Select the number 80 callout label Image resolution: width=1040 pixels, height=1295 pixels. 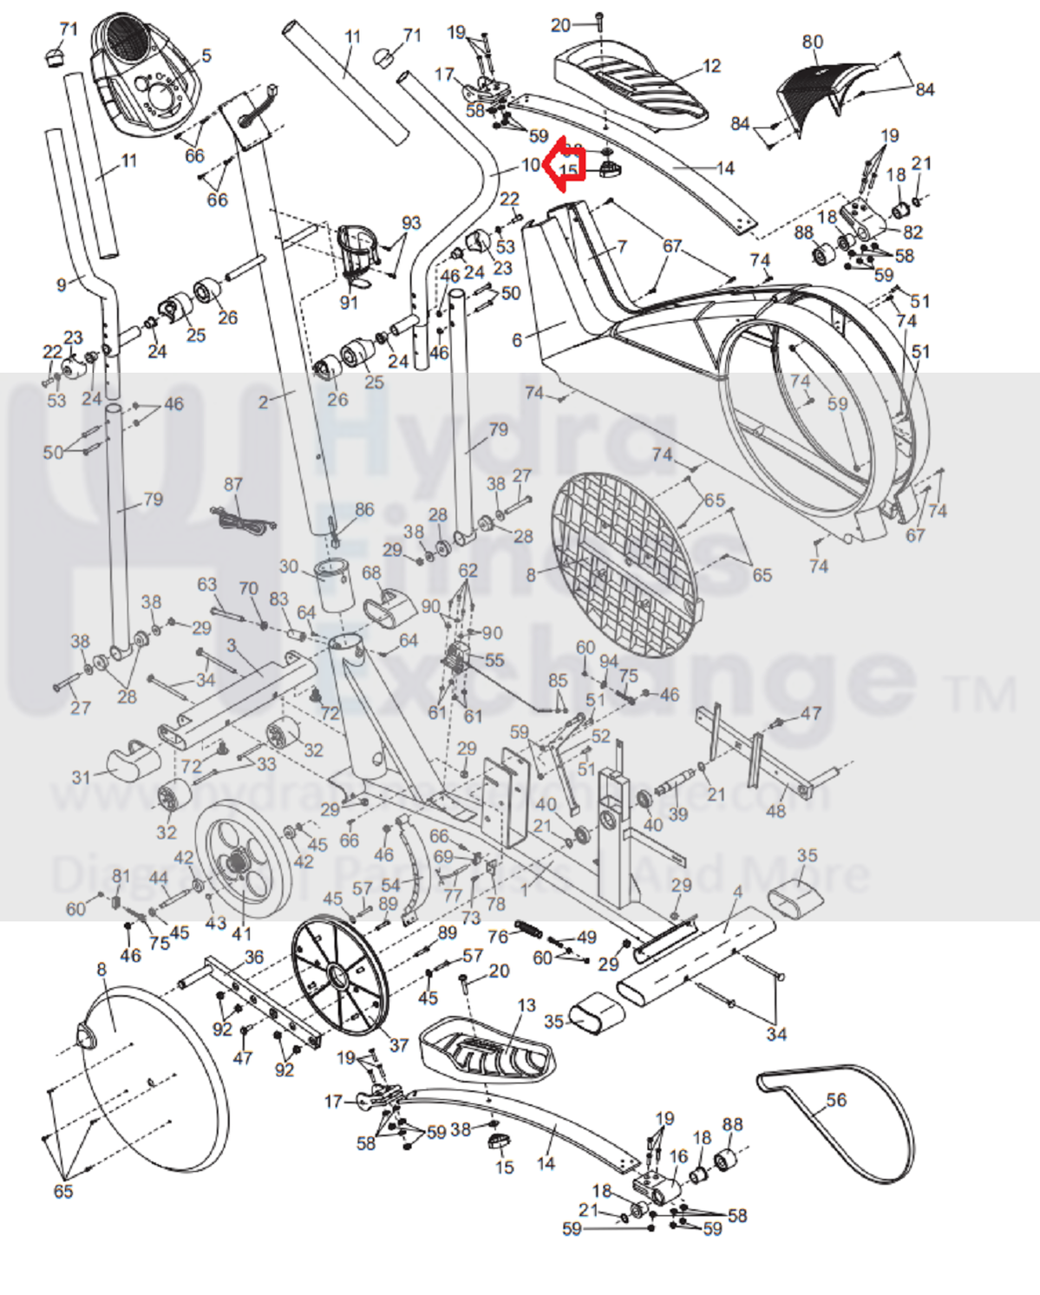click(x=812, y=42)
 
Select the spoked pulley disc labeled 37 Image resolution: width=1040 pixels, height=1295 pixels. click(x=338, y=977)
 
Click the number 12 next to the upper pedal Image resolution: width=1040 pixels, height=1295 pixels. click(x=711, y=66)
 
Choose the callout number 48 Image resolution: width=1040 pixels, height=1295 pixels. click(x=775, y=810)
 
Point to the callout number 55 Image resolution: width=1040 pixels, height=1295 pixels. click(x=494, y=660)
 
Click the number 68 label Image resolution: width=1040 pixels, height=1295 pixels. click(x=371, y=572)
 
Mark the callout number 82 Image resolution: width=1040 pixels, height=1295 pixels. click(x=913, y=232)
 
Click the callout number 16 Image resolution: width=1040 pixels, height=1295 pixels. click(x=678, y=1156)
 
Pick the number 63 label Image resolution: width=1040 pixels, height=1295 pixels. click(x=206, y=584)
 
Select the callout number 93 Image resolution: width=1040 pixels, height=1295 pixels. click(x=411, y=223)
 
